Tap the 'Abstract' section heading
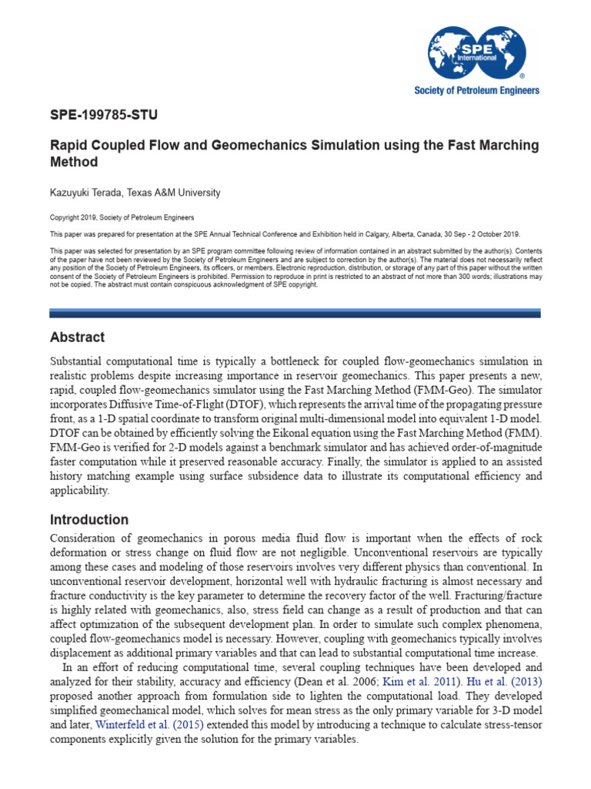click(x=77, y=337)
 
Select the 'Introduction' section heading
click(x=89, y=519)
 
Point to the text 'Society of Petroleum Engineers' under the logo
click(x=477, y=90)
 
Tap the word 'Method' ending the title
click(x=74, y=163)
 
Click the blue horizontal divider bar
click(x=295, y=313)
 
